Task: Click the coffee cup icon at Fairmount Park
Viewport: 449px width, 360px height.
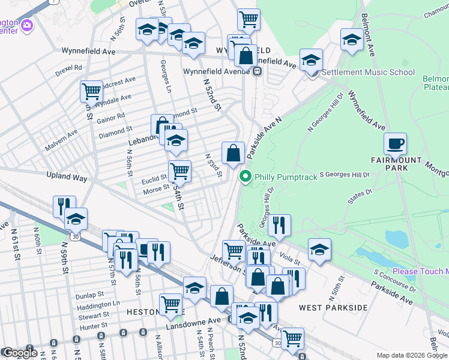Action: tap(396, 145)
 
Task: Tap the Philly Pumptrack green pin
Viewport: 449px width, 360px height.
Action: tap(245, 176)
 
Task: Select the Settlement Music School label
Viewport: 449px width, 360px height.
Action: tap(368, 73)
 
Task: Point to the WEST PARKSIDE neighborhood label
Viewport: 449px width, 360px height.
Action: tap(333, 307)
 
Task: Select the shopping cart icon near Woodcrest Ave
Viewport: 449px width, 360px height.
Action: tap(91, 92)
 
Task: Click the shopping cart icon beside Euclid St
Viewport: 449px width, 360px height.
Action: tap(179, 171)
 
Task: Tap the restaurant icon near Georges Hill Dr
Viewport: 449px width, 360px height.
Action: tap(279, 225)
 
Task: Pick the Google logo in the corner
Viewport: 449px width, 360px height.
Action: tap(20, 353)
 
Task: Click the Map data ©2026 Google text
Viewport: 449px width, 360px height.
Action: tap(412, 355)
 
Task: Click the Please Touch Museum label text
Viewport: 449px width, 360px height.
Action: tap(420, 272)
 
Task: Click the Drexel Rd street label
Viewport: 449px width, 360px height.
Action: tap(68, 68)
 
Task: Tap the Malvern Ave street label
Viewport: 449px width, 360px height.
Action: tap(62, 146)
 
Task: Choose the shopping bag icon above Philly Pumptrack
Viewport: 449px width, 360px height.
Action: tap(233, 153)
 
